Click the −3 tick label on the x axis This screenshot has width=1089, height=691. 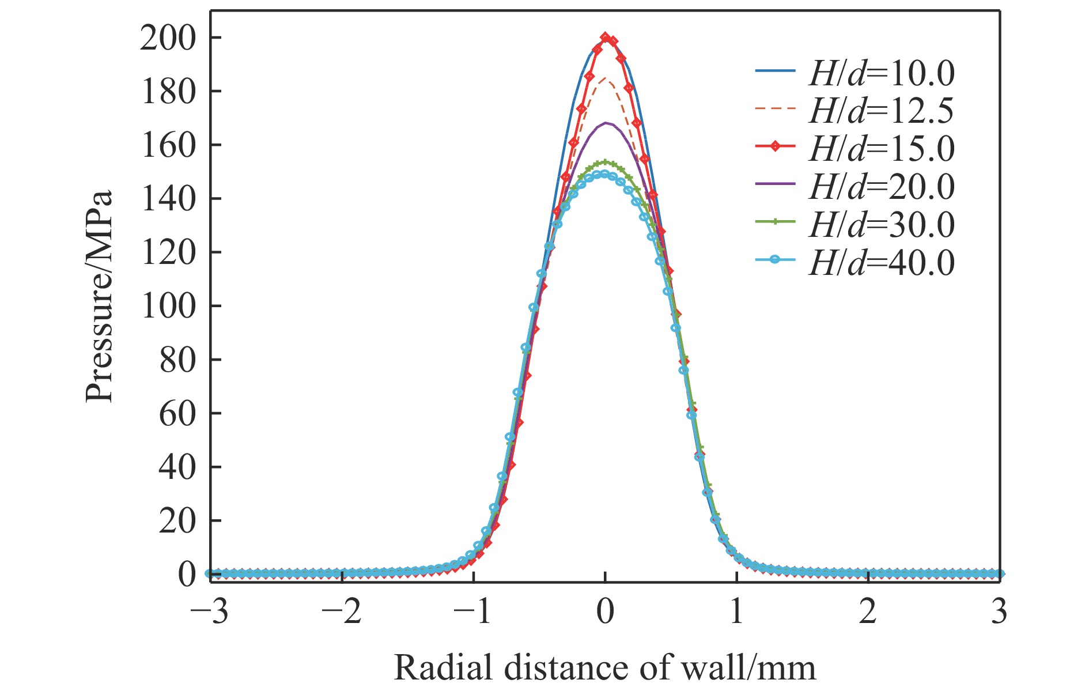pyautogui.click(x=210, y=612)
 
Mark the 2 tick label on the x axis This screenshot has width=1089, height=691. pyautogui.click(x=868, y=612)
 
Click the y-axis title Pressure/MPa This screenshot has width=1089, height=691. pyautogui.click(x=98, y=297)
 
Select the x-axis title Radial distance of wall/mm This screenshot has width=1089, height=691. pyautogui.click(x=604, y=669)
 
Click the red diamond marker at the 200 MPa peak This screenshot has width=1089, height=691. pyautogui.click(x=605, y=37)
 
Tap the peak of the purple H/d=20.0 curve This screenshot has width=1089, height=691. pyautogui.click(x=606, y=122)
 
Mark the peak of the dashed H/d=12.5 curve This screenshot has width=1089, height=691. pyautogui.click(x=605, y=78)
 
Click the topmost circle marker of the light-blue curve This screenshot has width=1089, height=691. pyautogui.click(x=604, y=174)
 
